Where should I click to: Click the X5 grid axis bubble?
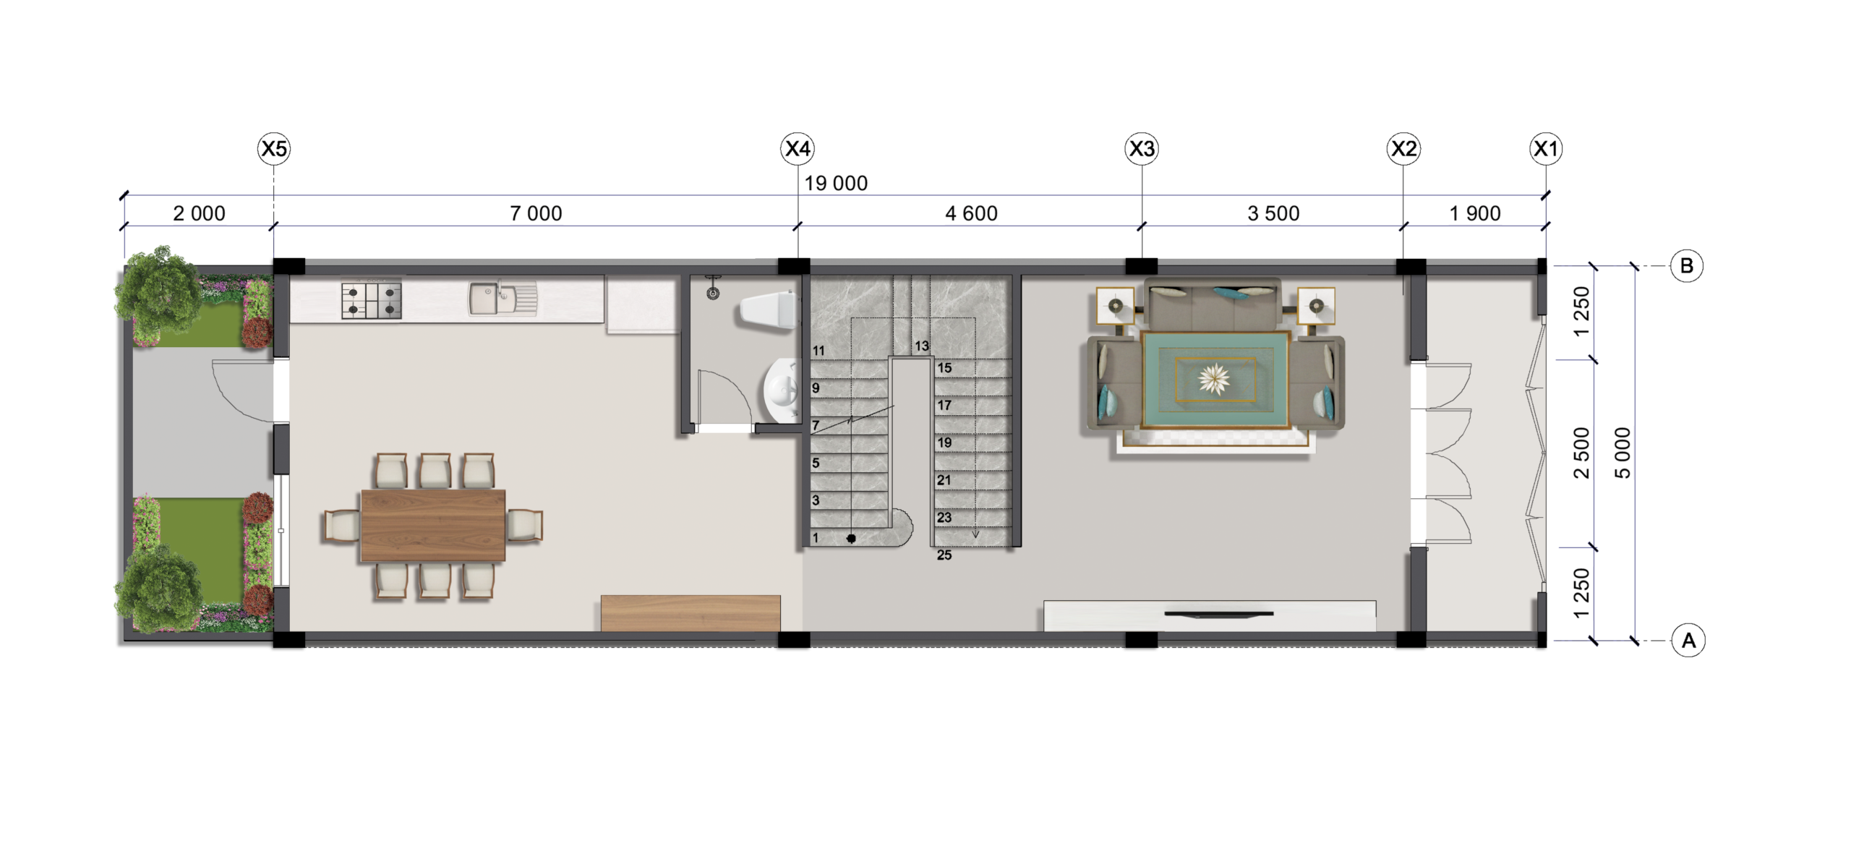tap(273, 149)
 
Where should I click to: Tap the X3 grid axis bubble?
tap(1142, 149)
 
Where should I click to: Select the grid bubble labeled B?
tap(1686, 266)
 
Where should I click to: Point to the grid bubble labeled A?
tap(1688, 641)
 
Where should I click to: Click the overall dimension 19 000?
tap(836, 184)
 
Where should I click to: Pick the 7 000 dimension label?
tap(536, 213)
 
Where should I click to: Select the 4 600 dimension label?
tap(971, 213)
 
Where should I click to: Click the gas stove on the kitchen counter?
tap(372, 301)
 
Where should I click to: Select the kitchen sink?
tap(503, 299)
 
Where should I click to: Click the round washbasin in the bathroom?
tap(782, 390)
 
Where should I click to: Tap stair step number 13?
tap(921, 346)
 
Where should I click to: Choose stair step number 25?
tap(944, 555)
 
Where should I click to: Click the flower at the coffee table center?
tap(1213, 378)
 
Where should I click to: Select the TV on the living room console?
tap(1219, 614)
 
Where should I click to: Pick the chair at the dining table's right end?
tap(525, 525)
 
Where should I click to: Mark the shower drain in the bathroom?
tap(713, 294)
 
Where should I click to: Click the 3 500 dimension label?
tap(1273, 213)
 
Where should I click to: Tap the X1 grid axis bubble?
tap(1546, 149)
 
